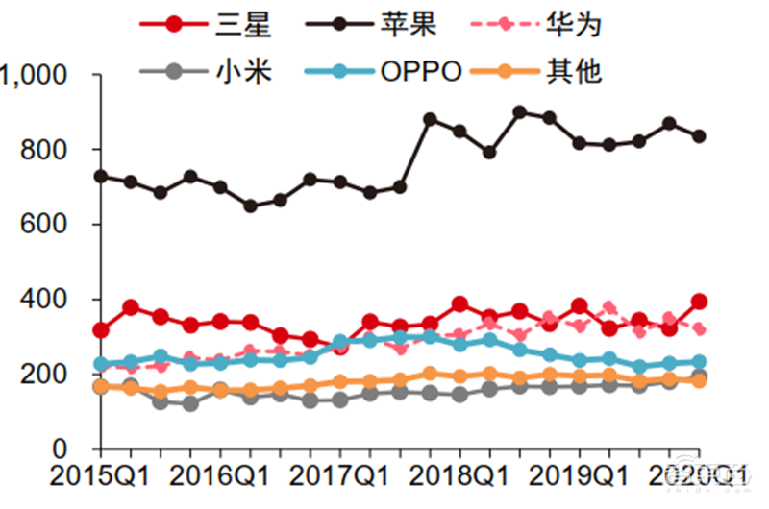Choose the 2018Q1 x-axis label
pyautogui.click(x=459, y=475)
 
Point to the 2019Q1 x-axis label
pyautogui.click(x=579, y=475)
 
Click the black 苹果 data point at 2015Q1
pyautogui.click(x=100, y=177)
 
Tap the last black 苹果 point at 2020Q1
pyautogui.click(x=699, y=136)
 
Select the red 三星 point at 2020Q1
pyautogui.click(x=699, y=302)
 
